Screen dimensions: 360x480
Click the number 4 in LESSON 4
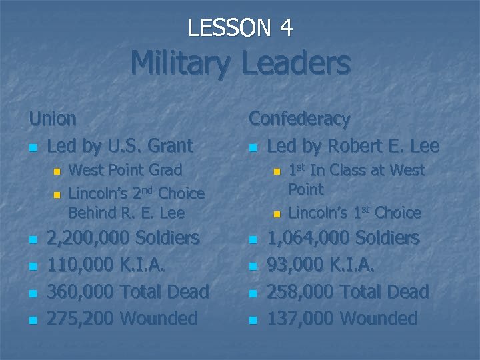pyautogui.click(x=285, y=28)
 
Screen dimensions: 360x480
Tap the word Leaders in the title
pyautogui.click(x=296, y=63)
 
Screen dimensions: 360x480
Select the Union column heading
pyautogui.click(x=53, y=119)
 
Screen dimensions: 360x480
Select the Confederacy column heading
pyautogui.click(x=299, y=119)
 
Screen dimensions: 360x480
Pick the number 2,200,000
pyautogui.click(x=89, y=238)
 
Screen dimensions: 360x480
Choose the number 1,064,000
pyautogui.click(x=309, y=238)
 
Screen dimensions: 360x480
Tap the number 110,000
pyautogui.click(x=79, y=265)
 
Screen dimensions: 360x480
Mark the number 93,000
pyautogui.click(x=293, y=265)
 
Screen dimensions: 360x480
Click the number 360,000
pyautogui.click(x=79, y=291)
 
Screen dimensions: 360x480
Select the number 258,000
pyautogui.click(x=299, y=291)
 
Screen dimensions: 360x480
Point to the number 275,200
pyautogui.click(x=79, y=318)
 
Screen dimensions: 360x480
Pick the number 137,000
pyautogui.click(x=299, y=318)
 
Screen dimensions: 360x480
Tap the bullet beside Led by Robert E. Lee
pyautogui.click(x=253, y=147)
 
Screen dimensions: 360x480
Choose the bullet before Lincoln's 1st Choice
pyautogui.click(x=277, y=215)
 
